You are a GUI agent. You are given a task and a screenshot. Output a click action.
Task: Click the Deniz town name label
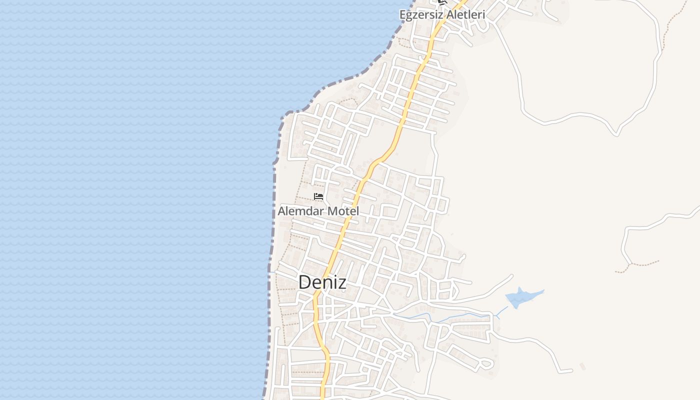click(322, 282)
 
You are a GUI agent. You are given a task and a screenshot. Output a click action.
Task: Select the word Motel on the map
click(343, 211)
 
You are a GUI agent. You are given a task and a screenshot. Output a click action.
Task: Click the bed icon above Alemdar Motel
click(318, 196)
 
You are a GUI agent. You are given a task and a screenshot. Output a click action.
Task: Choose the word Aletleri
click(466, 14)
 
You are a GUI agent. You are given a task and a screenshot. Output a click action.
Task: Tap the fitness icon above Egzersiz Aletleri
click(442, 2)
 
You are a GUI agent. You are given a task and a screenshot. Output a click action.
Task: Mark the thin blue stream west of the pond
click(440, 318)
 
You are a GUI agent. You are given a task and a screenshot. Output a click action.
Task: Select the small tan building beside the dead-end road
click(582, 367)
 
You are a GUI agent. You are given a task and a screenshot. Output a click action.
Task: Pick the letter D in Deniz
click(304, 282)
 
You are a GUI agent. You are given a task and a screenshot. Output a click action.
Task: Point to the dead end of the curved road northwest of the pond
click(511, 275)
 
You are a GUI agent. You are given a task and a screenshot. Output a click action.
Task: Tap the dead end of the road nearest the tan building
click(571, 371)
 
